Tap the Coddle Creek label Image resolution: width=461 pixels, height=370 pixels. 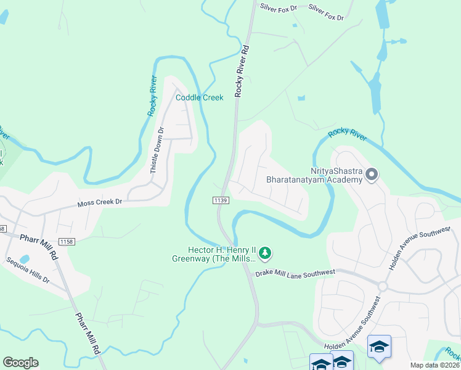tap(199, 97)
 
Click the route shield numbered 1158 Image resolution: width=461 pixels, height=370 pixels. tap(67, 241)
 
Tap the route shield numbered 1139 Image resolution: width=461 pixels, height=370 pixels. tap(221, 200)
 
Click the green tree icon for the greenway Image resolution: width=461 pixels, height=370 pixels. tap(265, 253)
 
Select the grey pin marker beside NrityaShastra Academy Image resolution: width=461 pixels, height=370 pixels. tap(372, 175)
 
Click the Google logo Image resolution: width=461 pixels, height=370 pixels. tap(20, 363)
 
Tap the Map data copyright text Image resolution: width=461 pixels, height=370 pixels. tap(435, 365)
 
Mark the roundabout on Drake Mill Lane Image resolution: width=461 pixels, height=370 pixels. tap(382, 286)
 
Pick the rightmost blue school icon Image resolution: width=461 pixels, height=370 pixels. tap(379, 347)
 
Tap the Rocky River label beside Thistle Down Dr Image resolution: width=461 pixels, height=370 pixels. tap(153, 96)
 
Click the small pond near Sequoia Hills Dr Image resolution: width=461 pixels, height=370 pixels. tap(24, 259)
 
